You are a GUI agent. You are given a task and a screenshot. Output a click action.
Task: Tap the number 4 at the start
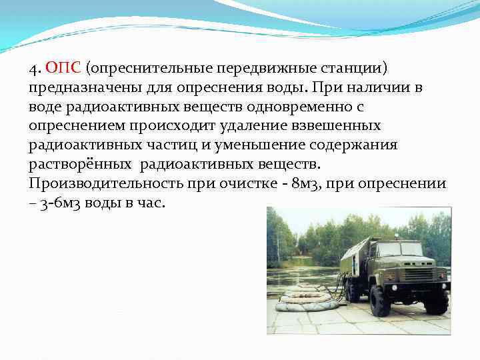[33, 69]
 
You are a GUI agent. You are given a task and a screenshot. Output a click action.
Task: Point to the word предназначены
[75, 88]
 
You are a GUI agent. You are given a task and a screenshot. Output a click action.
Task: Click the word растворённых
[81, 163]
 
